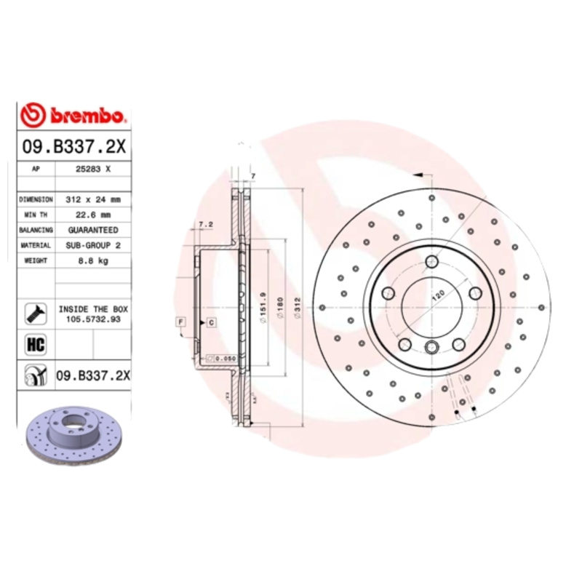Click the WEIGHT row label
click(36, 260)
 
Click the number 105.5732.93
click(93, 319)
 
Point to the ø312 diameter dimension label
click(296, 308)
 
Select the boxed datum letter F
click(180, 321)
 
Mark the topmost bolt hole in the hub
click(432, 262)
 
